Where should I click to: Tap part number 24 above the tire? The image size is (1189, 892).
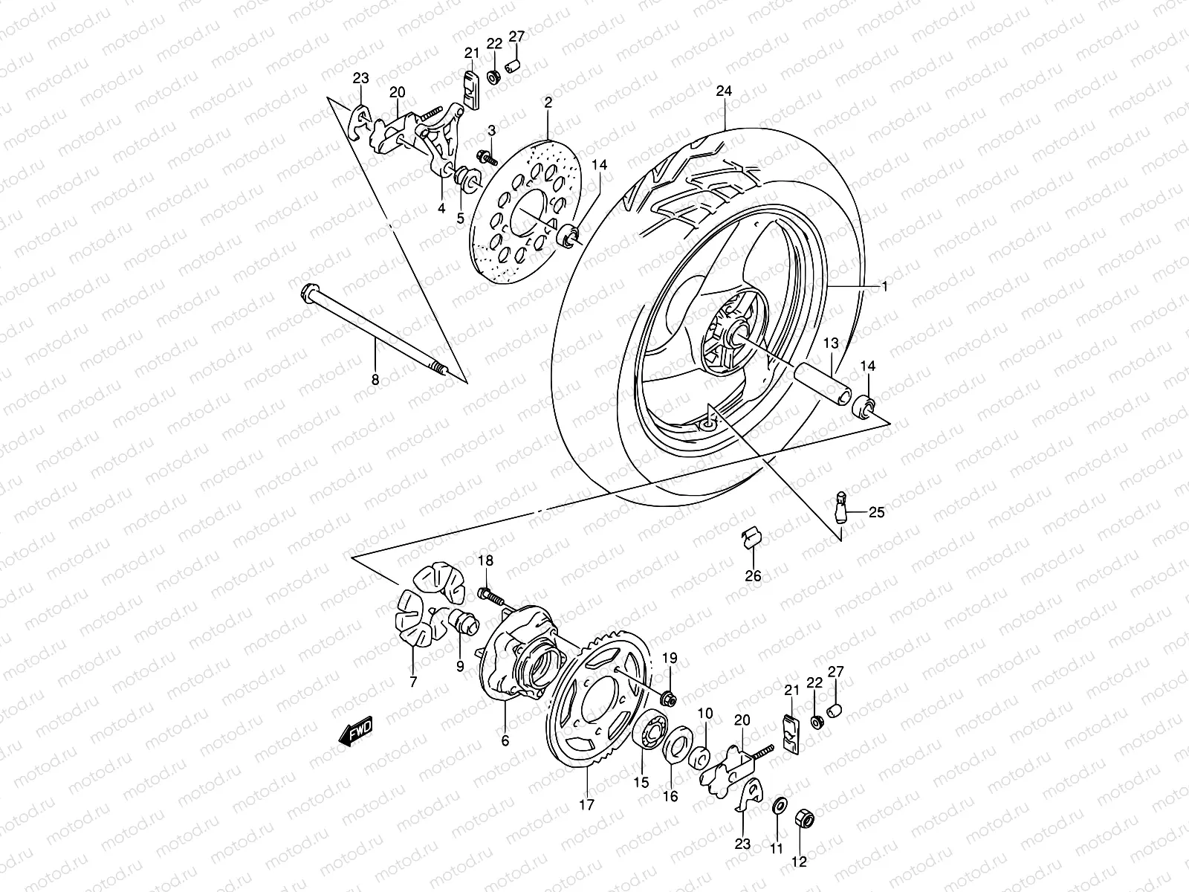coord(724,91)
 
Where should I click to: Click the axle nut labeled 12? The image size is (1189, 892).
coord(805,819)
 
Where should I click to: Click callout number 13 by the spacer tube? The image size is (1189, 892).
coord(830,343)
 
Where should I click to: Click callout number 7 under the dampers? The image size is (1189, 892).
coord(413,680)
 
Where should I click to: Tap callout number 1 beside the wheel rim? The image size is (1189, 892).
coord(884,285)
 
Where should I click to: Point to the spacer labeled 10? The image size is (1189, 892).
coord(699,758)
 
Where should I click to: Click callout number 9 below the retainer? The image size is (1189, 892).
coord(460,667)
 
